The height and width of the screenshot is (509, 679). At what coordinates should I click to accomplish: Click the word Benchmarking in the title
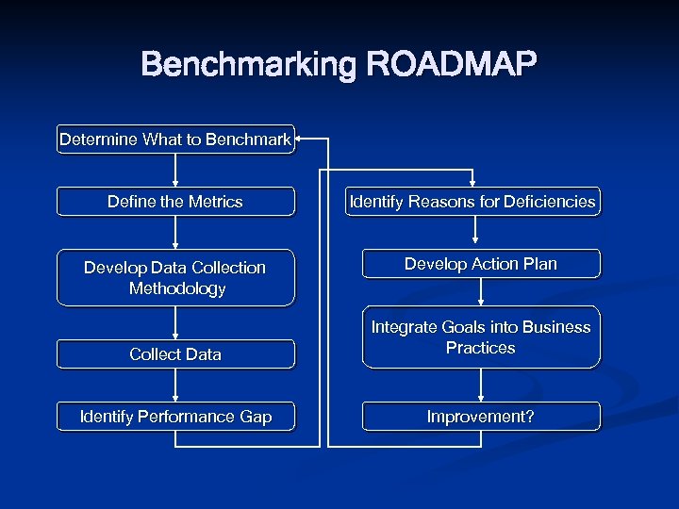pyautogui.click(x=249, y=65)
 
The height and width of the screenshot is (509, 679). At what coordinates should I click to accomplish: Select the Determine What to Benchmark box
pyautogui.click(x=175, y=140)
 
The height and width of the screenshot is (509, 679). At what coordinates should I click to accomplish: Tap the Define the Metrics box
pyautogui.click(x=175, y=202)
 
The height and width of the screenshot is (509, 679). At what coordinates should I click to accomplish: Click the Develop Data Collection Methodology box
pyautogui.click(x=175, y=278)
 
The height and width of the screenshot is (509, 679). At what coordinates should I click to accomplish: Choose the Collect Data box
pyautogui.click(x=175, y=354)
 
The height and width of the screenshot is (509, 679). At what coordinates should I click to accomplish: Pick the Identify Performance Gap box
pyautogui.click(x=175, y=417)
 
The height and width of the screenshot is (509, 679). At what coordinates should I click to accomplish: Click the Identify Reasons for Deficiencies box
pyautogui.click(x=472, y=202)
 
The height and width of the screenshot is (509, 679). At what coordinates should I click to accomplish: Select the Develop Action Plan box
pyautogui.click(x=481, y=264)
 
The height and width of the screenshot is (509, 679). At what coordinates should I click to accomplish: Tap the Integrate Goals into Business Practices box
pyautogui.click(x=481, y=337)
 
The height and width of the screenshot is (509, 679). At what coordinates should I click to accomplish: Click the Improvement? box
pyautogui.click(x=481, y=417)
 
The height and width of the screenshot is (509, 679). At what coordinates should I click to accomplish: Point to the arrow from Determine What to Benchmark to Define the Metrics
pyautogui.click(x=175, y=171)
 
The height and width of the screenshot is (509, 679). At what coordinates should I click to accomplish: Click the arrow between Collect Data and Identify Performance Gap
pyautogui.click(x=175, y=386)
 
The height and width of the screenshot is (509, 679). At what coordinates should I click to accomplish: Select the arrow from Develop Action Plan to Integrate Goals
pyautogui.click(x=481, y=292)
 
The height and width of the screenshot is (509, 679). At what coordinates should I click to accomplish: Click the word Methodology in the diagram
pyautogui.click(x=177, y=288)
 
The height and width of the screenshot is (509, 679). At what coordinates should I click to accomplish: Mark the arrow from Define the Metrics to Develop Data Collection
pyautogui.click(x=175, y=233)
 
